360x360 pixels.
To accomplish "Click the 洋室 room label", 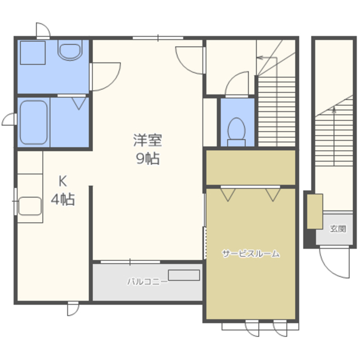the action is click(x=147, y=140).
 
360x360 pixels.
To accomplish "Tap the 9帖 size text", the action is click(x=147, y=159).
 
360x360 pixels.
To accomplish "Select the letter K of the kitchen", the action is click(x=62, y=181).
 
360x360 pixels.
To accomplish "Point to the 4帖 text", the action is click(x=62, y=199).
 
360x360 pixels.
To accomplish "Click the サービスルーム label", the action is click(x=251, y=254).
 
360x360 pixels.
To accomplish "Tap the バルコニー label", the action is click(x=147, y=281).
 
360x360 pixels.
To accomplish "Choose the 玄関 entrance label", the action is click(x=337, y=229).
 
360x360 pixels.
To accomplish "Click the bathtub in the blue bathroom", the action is click(x=34, y=123).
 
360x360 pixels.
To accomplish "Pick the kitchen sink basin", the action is click(x=30, y=206).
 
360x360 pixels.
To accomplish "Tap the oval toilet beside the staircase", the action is click(x=236, y=132).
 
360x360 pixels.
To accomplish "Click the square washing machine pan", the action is click(x=33, y=52).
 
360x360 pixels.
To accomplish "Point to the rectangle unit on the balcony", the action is click(x=184, y=275).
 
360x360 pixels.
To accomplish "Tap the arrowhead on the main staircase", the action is click(x=259, y=57).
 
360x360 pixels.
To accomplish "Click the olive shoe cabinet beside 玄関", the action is click(x=315, y=211).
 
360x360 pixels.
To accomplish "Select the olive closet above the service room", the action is click(x=251, y=167).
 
